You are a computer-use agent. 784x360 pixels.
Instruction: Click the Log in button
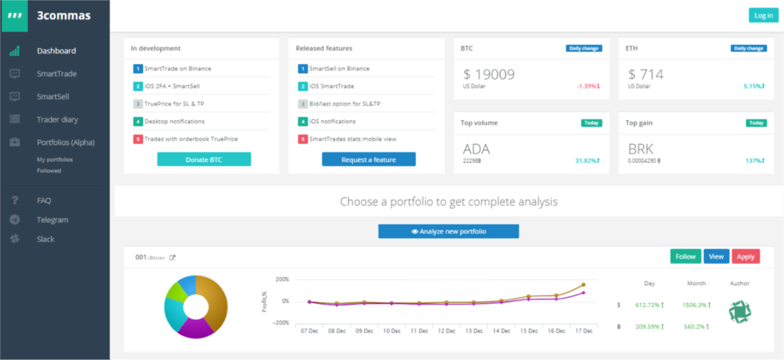pos(763,15)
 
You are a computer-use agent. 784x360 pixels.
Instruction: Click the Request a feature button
pos(368,159)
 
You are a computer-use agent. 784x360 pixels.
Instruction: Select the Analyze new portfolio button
pos(448,231)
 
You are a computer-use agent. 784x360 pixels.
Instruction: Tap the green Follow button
pos(685,257)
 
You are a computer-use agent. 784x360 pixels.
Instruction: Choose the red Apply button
pos(745,257)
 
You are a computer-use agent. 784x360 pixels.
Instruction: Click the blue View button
pos(716,257)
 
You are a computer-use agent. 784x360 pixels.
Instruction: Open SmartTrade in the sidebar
pos(57,74)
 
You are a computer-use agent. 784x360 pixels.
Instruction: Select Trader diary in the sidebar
pos(57,120)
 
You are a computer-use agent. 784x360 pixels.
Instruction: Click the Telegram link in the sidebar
pos(52,220)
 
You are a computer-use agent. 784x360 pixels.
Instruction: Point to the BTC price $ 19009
pos(489,74)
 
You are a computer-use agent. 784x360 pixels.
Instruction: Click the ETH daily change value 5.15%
pos(754,86)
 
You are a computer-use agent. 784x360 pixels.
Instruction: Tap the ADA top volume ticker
pos(476,149)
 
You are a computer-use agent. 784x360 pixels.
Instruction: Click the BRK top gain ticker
pos(641,149)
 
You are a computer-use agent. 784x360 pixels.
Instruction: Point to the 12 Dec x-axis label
pos(446,332)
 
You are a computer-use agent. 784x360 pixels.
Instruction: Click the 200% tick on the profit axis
pos(282,280)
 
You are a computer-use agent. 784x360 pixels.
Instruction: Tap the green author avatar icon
pos(740,310)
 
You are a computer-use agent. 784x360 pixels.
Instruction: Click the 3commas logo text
pos(64,16)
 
